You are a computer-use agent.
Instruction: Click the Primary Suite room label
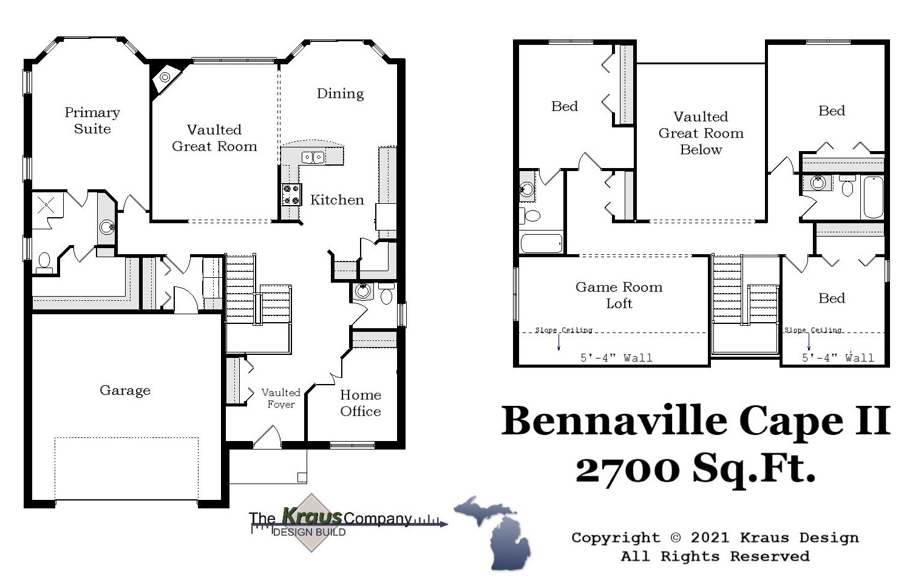tap(92, 120)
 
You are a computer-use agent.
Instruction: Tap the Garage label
tap(125, 390)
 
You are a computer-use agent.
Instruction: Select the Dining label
tap(340, 93)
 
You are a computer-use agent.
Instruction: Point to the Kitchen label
tap(337, 200)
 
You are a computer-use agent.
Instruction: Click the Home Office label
tap(361, 403)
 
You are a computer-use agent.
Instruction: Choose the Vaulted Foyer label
tap(280, 398)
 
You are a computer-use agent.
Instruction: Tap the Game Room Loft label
tap(619, 295)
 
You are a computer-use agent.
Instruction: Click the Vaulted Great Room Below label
tap(701, 133)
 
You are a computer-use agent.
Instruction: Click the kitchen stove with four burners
tap(291, 194)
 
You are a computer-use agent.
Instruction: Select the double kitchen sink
tap(313, 158)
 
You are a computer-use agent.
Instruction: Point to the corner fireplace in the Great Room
tap(165, 77)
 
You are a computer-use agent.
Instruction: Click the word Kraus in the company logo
tap(311, 516)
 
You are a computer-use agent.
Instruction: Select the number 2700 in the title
tap(628, 468)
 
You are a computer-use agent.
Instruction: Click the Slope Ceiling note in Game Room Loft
tap(563, 330)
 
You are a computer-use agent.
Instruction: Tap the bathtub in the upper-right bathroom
tap(873, 197)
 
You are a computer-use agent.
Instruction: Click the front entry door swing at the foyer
tap(267, 438)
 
